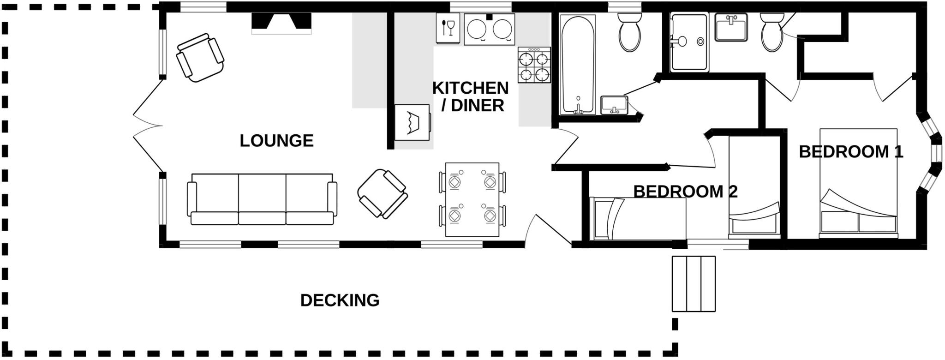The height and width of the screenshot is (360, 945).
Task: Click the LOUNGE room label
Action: pyautogui.click(x=276, y=141)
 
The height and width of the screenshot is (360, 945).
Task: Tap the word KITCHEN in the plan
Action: pyautogui.click(x=470, y=88)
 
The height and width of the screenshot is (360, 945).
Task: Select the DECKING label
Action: pyautogui.click(x=340, y=300)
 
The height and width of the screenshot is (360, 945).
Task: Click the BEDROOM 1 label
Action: pyautogui.click(x=850, y=152)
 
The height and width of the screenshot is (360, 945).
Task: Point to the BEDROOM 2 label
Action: pyautogui.click(x=685, y=192)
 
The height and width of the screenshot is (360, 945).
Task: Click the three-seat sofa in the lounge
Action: pyautogui.click(x=262, y=199)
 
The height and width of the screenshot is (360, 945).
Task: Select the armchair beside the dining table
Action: pyautogui.click(x=382, y=193)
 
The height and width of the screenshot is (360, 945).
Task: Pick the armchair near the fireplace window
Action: pyautogui.click(x=200, y=58)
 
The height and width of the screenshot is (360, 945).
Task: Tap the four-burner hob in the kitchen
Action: pyautogui.click(x=534, y=65)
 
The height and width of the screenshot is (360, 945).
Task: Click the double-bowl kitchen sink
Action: pyautogui.click(x=489, y=29)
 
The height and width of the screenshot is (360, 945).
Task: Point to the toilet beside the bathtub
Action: pyautogui.click(x=629, y=32)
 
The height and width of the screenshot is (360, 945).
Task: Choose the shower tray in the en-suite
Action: pyautogui.click(x=689, y=42)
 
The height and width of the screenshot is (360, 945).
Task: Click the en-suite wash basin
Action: pyautogui.click(x=731, y=27)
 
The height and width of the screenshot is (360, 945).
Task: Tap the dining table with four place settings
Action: pyautogui.click(x=472, y=199)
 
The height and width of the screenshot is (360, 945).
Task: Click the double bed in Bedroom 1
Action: pyautogui.click(x=858, y=183)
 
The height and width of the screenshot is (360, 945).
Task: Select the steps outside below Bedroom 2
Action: pyautogui.click(x=693, y=284)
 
